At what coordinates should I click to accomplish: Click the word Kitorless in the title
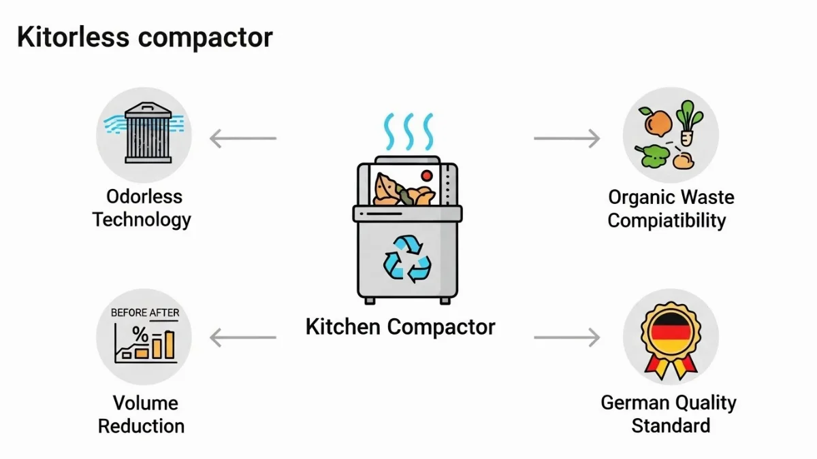[71, 37]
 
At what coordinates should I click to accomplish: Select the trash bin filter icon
[143, 134]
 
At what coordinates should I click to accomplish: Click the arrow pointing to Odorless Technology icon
[242, 139]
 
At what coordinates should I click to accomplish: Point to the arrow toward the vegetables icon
[566, 139]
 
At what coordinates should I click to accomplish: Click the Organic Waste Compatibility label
[671, 209]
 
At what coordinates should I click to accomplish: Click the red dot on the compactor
[428, 175]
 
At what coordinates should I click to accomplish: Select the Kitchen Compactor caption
[400, 326]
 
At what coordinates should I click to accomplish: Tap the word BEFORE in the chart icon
[129, 313]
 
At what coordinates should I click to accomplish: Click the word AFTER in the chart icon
[164, 313]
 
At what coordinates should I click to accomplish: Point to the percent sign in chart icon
[140, 333]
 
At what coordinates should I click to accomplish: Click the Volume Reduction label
[142, 415]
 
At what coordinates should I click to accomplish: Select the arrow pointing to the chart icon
[242, 337]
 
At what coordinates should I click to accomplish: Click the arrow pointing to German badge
[566, 337]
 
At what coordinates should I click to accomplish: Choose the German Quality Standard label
[669, 414]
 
